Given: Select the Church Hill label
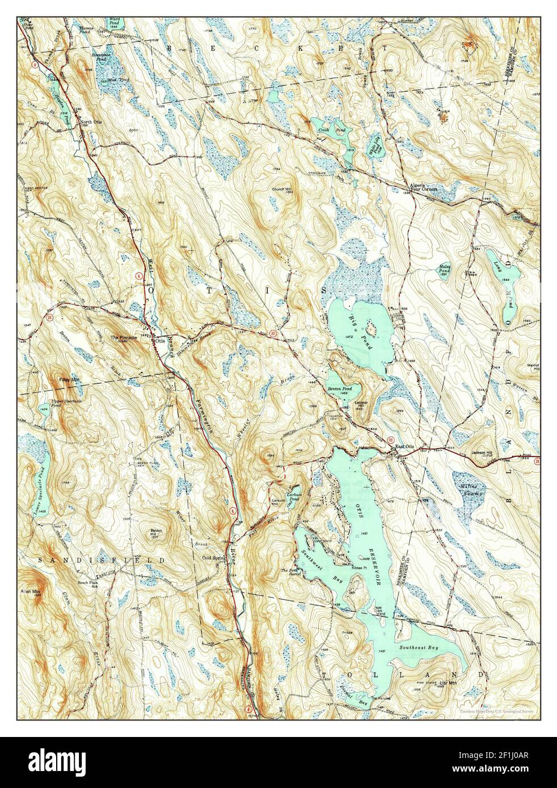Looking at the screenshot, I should coord(282,190).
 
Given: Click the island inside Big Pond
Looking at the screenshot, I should coord(372,327).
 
